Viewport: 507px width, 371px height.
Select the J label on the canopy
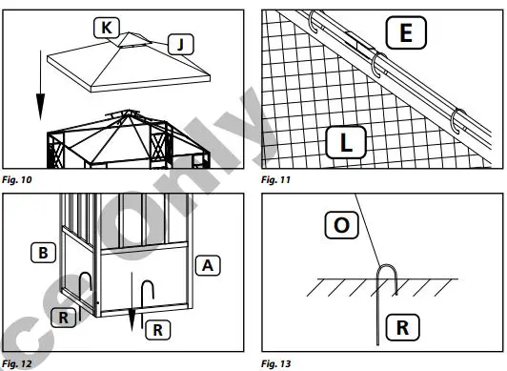(179, 42)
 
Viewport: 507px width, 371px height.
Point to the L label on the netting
(347, 143)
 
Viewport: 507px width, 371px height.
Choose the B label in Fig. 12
(43, 253)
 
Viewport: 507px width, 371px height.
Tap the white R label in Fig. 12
(158, 330)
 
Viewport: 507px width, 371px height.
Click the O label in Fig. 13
(341, 226)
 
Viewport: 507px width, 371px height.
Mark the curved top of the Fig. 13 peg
(389, 271)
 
